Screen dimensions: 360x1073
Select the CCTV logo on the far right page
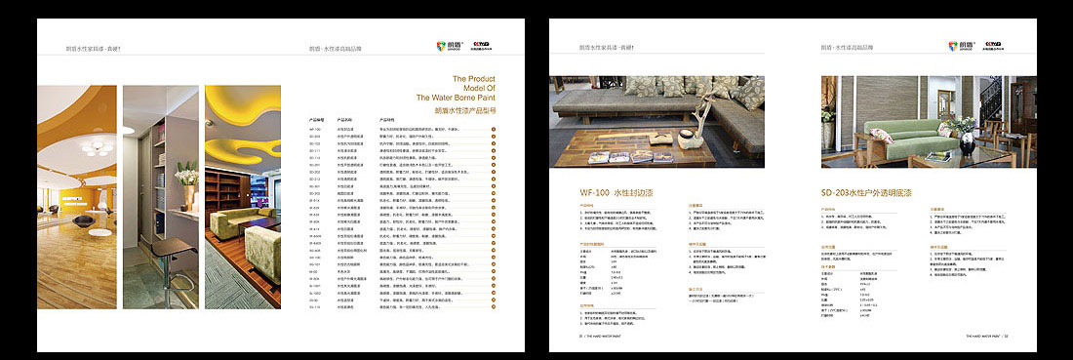[995, 45]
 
